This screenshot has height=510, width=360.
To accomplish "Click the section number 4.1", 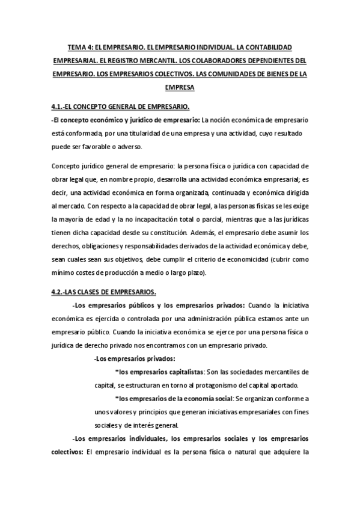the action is pos(59,107).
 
